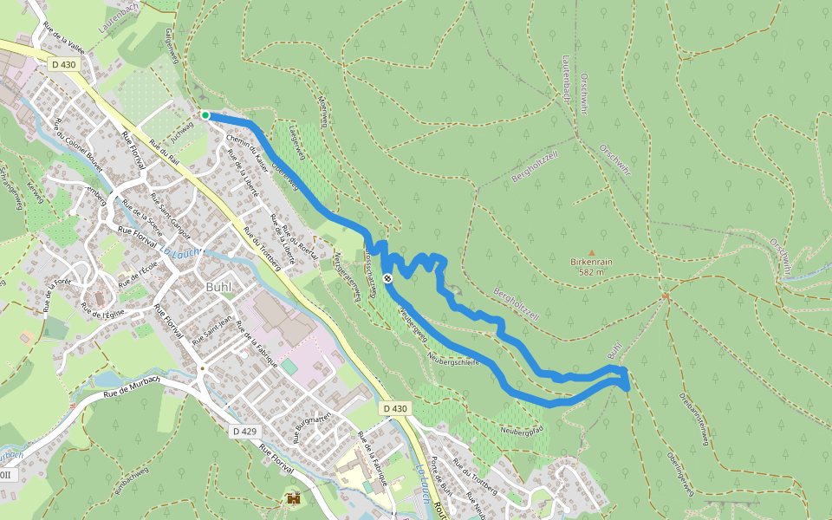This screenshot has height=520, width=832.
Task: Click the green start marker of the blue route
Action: coord(205,115)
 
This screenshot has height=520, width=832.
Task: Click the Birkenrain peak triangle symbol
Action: coord(592,252)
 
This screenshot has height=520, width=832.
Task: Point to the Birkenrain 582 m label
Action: coord(592,266)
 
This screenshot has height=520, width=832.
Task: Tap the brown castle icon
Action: coord(294,498)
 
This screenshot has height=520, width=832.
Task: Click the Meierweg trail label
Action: coord(322,110)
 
